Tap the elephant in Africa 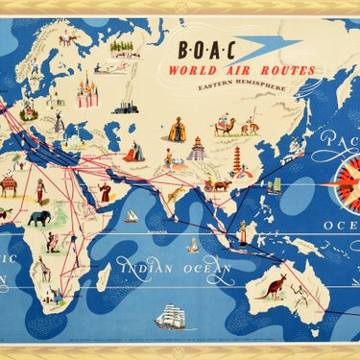tap(38, 219)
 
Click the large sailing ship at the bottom tap(171, 317)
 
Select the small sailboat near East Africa tap(131, 217)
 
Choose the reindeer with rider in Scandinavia tap(66, 39)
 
